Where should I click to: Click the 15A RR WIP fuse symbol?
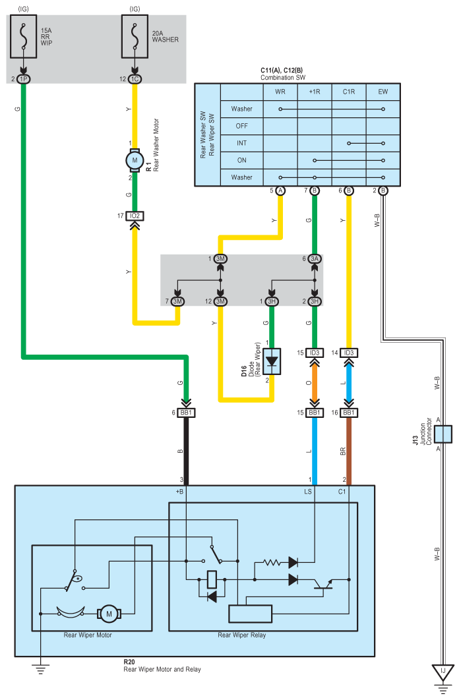[x=23, y=36]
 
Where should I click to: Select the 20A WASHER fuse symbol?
[x=135, y=36]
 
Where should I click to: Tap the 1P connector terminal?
[x=23, y=79]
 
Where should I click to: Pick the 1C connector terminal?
[x=135, y=79]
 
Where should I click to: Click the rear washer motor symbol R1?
[x=135, y=160]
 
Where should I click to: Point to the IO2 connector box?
[x=135, y=216]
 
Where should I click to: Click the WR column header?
[x=280, y=92]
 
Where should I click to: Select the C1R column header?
[x=349, y=92]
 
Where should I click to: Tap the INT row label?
[x=241, y=143]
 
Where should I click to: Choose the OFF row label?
[x=241, y=126]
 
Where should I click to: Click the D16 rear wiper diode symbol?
[x=272, y=361]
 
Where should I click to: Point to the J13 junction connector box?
[x=443, y=434]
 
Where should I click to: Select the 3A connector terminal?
[x=315, y=259]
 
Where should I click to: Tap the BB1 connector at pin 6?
[x=186, y=413]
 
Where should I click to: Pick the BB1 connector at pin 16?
[x=349, y=413]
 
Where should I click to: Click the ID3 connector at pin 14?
[x=349, y=353]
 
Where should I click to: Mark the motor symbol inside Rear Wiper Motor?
[x=109, y=614]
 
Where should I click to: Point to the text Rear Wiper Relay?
[x=241, y=635]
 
